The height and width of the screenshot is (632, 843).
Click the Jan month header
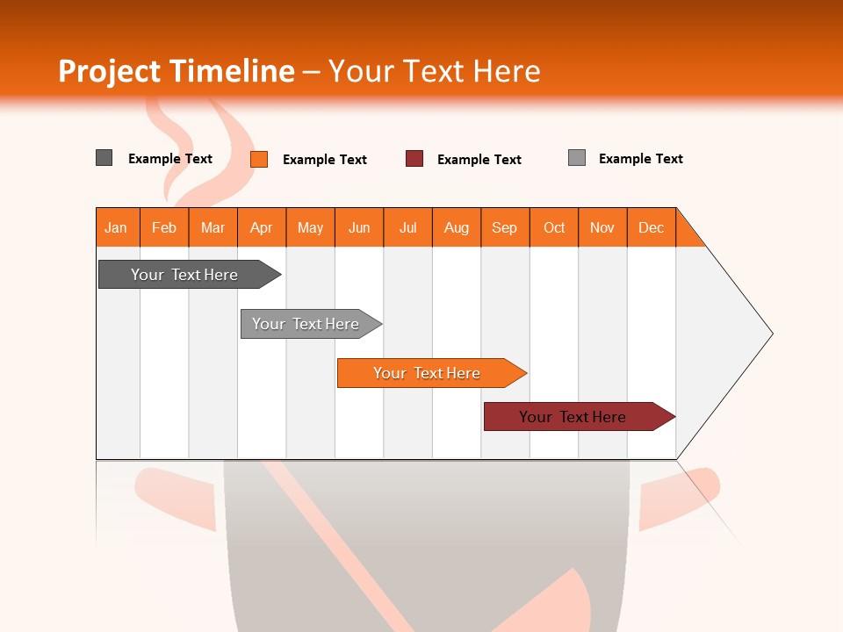click(117, 227)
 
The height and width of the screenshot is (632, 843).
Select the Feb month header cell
click(164, 227)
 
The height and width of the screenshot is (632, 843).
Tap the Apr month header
click(262, 227)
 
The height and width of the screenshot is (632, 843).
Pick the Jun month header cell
click(359, 227)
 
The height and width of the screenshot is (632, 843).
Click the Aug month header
click(457, 227)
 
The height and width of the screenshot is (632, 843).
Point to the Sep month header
click(505, 227)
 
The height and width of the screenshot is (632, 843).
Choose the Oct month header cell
click(554, 227)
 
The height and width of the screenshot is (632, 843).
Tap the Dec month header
click(652, 227)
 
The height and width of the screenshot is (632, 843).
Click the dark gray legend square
click(104, 158)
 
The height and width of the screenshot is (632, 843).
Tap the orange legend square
click(259, 159)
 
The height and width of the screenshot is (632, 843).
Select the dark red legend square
click(414, 159)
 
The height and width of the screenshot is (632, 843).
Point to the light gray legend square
click(577, 158)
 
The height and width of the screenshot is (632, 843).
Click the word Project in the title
click(110, 71)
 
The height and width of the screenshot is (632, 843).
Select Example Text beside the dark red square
click(479, 160)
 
